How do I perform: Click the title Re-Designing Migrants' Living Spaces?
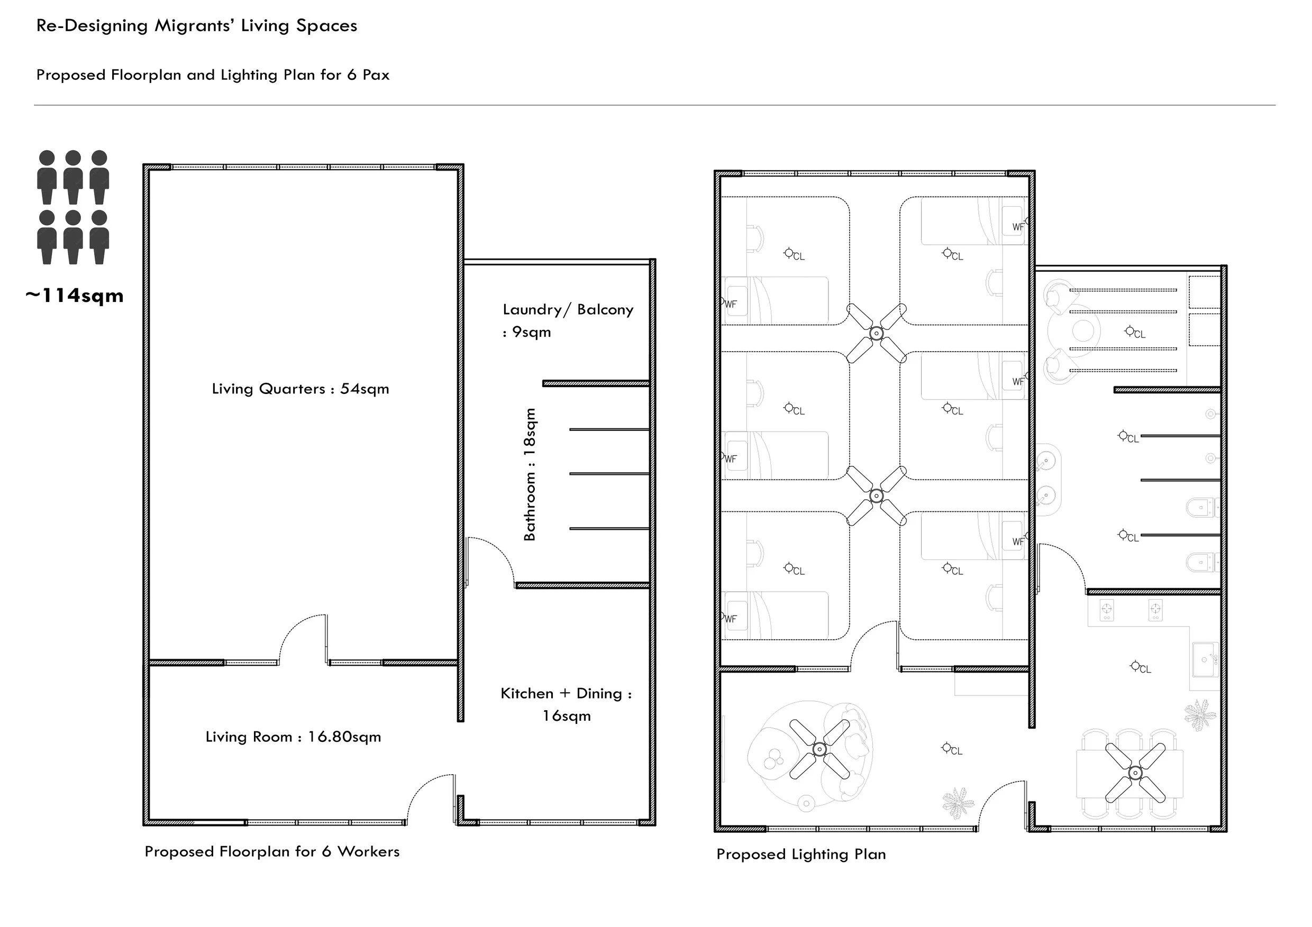click(197, 26)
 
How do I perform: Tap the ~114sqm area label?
click(74, 296)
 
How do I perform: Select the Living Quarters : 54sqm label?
click(300, 389)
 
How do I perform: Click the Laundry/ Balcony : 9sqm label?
click(568, 320)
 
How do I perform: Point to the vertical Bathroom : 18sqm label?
click(530, 475)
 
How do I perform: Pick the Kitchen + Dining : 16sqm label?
click(566, 704)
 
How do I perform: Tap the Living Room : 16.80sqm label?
click(293, 737)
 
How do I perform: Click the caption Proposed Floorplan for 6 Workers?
click(272, 851)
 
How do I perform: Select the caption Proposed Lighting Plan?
click(801, 855)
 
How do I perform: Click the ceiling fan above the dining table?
click(1135, 773)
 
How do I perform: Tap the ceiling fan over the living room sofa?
click(819, 749)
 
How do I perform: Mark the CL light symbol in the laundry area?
click(1135, 333)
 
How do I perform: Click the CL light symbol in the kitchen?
click(1141, 667)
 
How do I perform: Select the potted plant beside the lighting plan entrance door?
click(958, 803)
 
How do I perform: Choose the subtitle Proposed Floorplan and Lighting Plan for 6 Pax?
click(213, 75)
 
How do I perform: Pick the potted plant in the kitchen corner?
click(1199, 714)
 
